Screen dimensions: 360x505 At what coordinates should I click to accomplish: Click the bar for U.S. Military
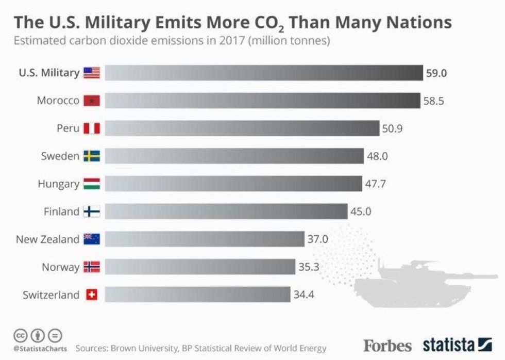click(263, 73)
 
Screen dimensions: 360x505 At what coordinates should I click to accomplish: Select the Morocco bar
click(262, 101)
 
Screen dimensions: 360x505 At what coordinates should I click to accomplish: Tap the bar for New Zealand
click(205, 239)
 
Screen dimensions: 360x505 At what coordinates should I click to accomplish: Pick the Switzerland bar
click(197, 294)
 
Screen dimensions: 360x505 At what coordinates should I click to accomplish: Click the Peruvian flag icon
click(91, 128)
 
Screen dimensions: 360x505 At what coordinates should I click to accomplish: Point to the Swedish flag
click(91, 156)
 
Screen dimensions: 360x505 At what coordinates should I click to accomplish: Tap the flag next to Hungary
click(91, 184)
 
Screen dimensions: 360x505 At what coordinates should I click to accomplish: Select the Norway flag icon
click(91, 267)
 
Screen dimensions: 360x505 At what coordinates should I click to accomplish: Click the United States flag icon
click(91, 73)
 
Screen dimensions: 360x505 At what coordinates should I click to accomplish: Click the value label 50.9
click(392, 128)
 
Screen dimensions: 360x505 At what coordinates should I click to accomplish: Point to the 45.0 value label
click(361, 211)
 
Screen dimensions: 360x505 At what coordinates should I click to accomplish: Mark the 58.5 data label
click(433, 101)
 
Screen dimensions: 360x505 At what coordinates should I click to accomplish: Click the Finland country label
click(61, 211)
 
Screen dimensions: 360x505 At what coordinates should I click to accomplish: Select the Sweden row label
click(60, 156)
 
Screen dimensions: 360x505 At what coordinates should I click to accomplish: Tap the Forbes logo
click(388, 345)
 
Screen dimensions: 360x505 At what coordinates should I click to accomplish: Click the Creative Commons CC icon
click(20, 335)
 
